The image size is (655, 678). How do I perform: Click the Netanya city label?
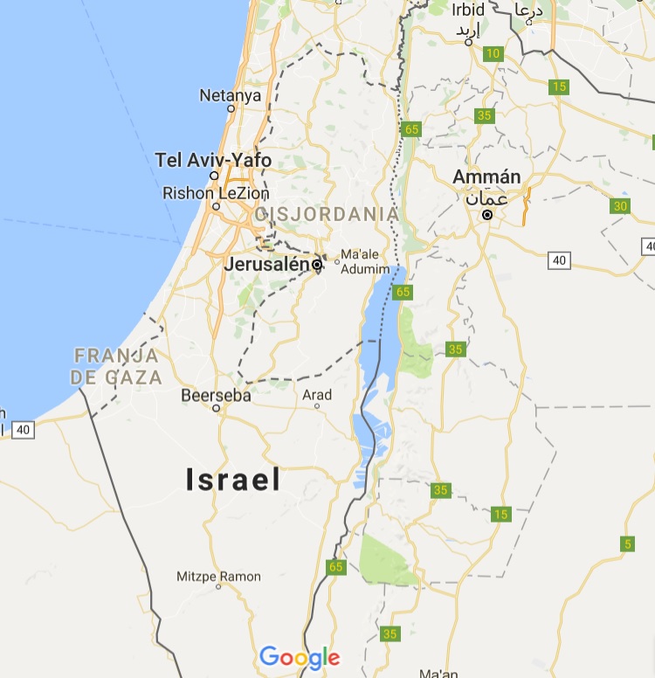tap(230, 95)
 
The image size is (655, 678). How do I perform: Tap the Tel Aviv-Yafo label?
tap(213, 160)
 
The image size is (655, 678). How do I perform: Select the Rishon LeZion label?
tap(216, 193)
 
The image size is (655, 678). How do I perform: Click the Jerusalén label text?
tap(267, 264)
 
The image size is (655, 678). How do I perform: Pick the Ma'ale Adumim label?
tap(362, 260)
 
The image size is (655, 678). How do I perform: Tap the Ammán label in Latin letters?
tap(486, 177)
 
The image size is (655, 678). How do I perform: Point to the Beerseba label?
tap(216, 396)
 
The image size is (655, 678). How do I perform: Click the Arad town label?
tap(317, 395)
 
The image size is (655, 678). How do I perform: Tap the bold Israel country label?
tap(233, 479)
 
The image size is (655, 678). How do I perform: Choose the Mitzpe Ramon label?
tap(218, 577)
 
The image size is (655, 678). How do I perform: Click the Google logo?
tap(300, 658)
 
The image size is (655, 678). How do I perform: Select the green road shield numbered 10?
tap(494, 54)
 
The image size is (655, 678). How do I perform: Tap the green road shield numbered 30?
tap(620, 206)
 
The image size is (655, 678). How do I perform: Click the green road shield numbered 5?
tap(627, 544)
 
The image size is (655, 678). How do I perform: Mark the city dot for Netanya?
tap(231, 109)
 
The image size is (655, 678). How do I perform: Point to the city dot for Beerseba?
tap(215, 408)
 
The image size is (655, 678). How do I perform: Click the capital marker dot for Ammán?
tap(487, 214)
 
